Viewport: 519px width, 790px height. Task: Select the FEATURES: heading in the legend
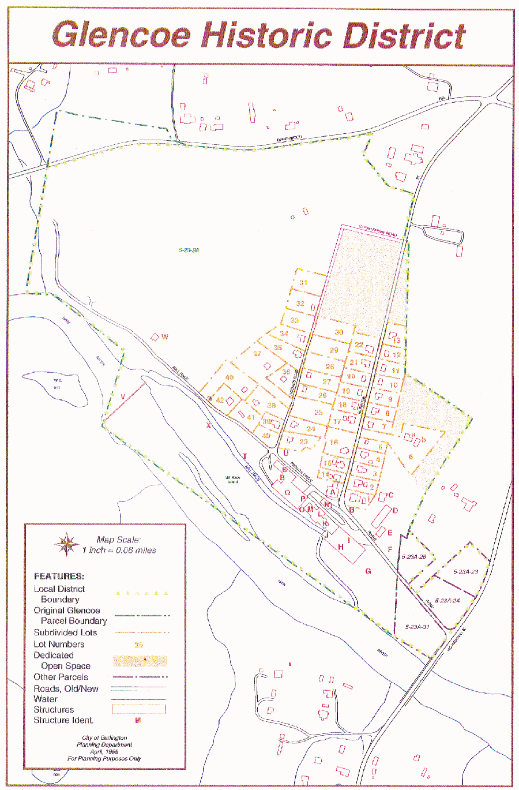tap(59, 576)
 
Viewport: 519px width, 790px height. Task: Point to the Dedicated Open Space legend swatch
tap(140, 661)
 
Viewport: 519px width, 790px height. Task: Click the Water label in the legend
tap(46, 699)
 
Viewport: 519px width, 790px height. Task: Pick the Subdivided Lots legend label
tap(65, 632)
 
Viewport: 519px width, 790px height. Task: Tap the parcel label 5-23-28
tap(189, 250)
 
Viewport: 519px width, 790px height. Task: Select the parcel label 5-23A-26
tap(413, 557)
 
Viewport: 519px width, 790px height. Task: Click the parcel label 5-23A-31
tap(417, 627)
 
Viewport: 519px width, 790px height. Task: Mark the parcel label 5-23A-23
tap(465, 572)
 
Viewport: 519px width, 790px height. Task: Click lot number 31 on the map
tap(303, 283)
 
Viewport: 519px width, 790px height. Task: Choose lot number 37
tap(257, 354)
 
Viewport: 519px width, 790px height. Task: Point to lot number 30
tap(339, 332)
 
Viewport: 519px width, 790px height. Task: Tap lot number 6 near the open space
tap(411, 456)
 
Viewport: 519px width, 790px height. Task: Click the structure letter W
tap(165, 337)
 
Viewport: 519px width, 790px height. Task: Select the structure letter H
tap(341, 547)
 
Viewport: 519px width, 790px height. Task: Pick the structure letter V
tap(123, 396)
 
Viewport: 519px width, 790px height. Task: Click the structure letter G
tap(368, 571)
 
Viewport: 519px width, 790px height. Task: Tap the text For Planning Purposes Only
tap(104, 758)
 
